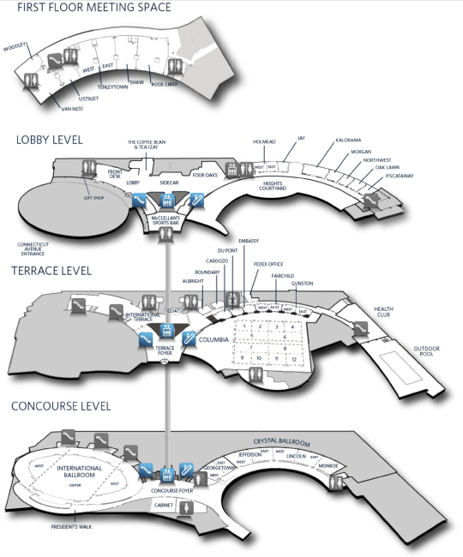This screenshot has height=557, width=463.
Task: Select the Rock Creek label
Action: pos(164,85)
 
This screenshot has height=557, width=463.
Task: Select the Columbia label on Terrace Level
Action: pos(214,340)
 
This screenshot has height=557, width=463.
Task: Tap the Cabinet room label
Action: pos(164,506)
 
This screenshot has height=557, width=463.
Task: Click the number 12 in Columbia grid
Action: pos(293,357)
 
